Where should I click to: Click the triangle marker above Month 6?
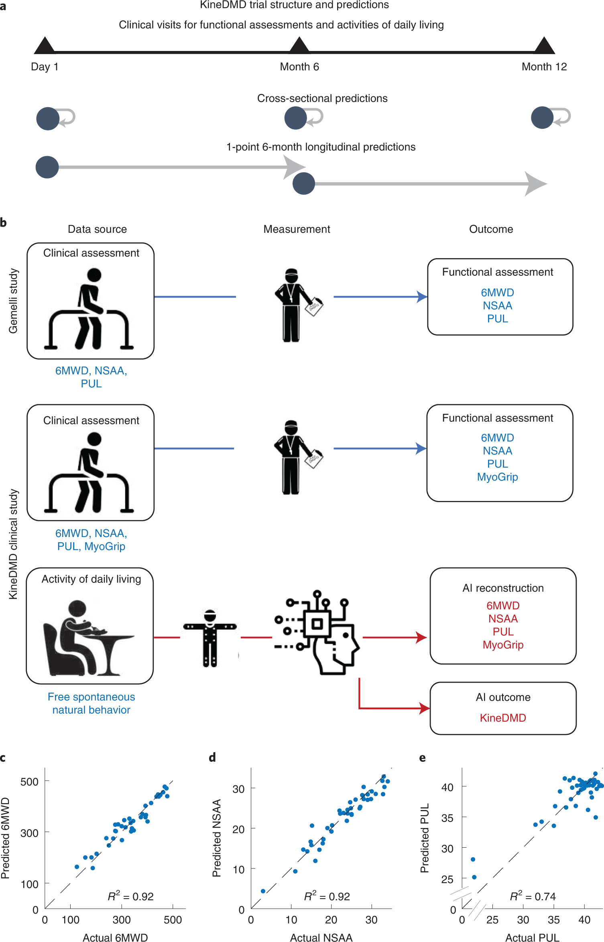tap(299, 45)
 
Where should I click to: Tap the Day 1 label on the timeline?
tap(45, 67)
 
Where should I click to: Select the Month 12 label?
tap(544, 67)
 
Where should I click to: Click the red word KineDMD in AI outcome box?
tap(502, 718)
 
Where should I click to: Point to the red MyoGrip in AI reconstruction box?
tap(502, 645)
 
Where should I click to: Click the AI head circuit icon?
tap(317, 632)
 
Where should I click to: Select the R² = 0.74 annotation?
tap(533, 896)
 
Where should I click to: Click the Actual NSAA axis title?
tap(321, 937)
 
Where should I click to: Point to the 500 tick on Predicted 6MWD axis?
tap(30, 782)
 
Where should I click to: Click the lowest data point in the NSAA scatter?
tap(263, 891)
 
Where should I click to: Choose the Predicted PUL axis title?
tap(425, 838)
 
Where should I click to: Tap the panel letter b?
tap(4, 222)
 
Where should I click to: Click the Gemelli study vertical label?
tap(14, 301)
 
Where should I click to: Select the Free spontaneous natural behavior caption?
tap(91, 703)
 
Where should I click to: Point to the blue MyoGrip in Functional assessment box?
tap(497, 477)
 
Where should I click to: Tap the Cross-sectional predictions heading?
tap(322, 98)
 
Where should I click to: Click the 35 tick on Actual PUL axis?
tap(553, 920)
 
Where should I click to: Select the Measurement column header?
tap(297, 229)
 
